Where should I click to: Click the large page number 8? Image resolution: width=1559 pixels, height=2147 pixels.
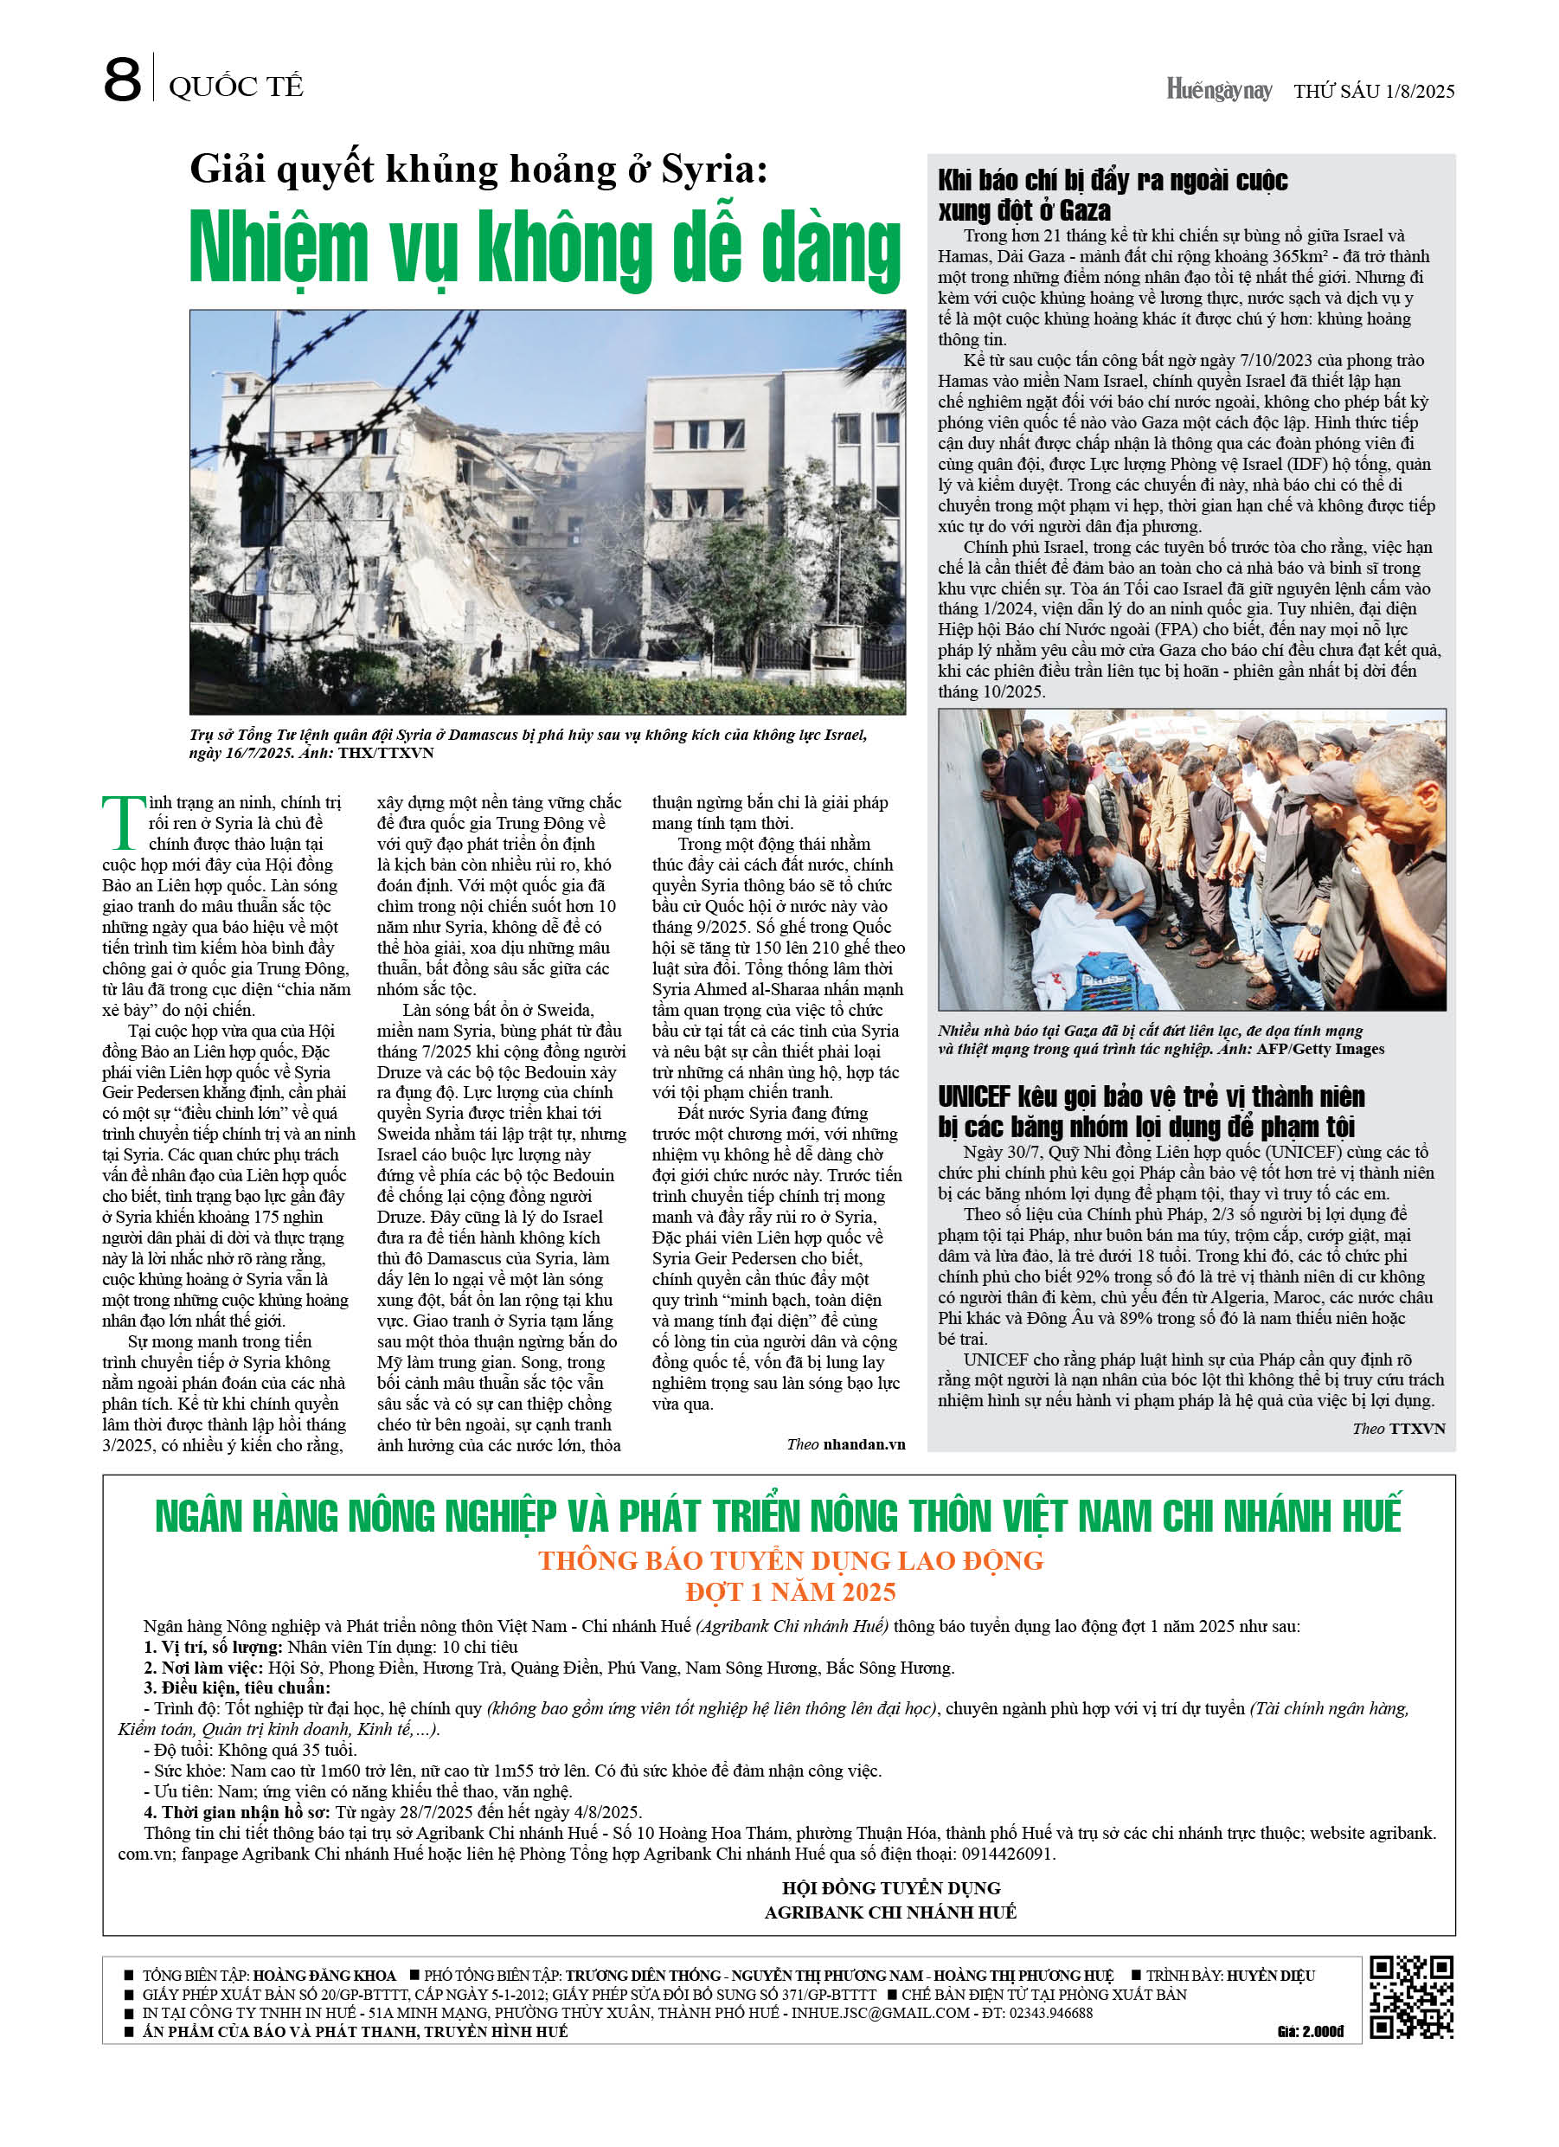pos(122,80)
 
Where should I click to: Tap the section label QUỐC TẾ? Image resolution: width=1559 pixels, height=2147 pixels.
pos(235,87)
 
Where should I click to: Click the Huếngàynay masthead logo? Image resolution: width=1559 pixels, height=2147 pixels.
pos(1218,90)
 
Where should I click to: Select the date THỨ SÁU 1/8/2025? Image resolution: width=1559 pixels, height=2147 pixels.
pos(1374,91)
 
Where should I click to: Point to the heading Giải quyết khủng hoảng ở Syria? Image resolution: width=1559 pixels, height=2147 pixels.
pos(478,170)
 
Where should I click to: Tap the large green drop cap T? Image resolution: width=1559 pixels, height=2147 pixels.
pos(123,823)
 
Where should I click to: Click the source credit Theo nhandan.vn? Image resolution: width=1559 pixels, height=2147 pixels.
pos(845,1443)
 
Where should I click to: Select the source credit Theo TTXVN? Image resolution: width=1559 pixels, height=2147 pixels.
pos(1398,1429)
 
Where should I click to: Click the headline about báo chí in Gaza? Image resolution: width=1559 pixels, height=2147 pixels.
pos(1113,194)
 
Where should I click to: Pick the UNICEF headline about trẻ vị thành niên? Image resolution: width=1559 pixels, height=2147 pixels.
pos(1151,1111)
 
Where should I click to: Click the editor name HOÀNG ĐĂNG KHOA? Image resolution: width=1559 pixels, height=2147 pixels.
pos(324,1976)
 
